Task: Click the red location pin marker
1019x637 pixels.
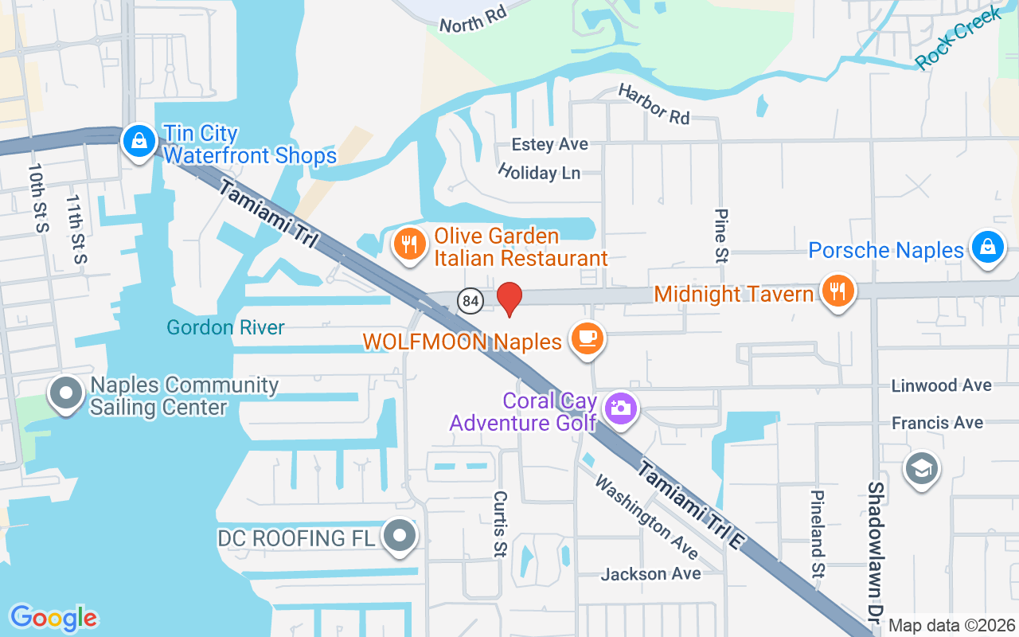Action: tap(509, 299)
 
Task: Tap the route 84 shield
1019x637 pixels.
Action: tap(470, 300)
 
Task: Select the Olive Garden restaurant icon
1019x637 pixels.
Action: tap(410, 244)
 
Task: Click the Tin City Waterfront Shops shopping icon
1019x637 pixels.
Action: tap(139, 141)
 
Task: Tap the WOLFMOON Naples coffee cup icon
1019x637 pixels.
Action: tap(588, 338)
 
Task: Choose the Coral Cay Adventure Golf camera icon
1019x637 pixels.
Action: tap(621, 408)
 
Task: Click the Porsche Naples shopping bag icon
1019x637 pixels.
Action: tap(987, 247)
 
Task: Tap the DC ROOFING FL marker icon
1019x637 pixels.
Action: tap(400, 536)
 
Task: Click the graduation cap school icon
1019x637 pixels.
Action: tap(922, 468)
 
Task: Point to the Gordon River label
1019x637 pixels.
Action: tap(225, 327)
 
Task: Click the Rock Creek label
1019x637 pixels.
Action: tap(958, 38)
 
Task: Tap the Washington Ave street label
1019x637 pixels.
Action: tap(646, 517)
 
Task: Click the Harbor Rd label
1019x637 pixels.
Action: tap(654, 104)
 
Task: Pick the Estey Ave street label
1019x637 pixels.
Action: tap(549, 144)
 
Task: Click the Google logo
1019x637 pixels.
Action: tap(53, 617)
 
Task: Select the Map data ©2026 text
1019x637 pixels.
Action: tap(952, 625)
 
